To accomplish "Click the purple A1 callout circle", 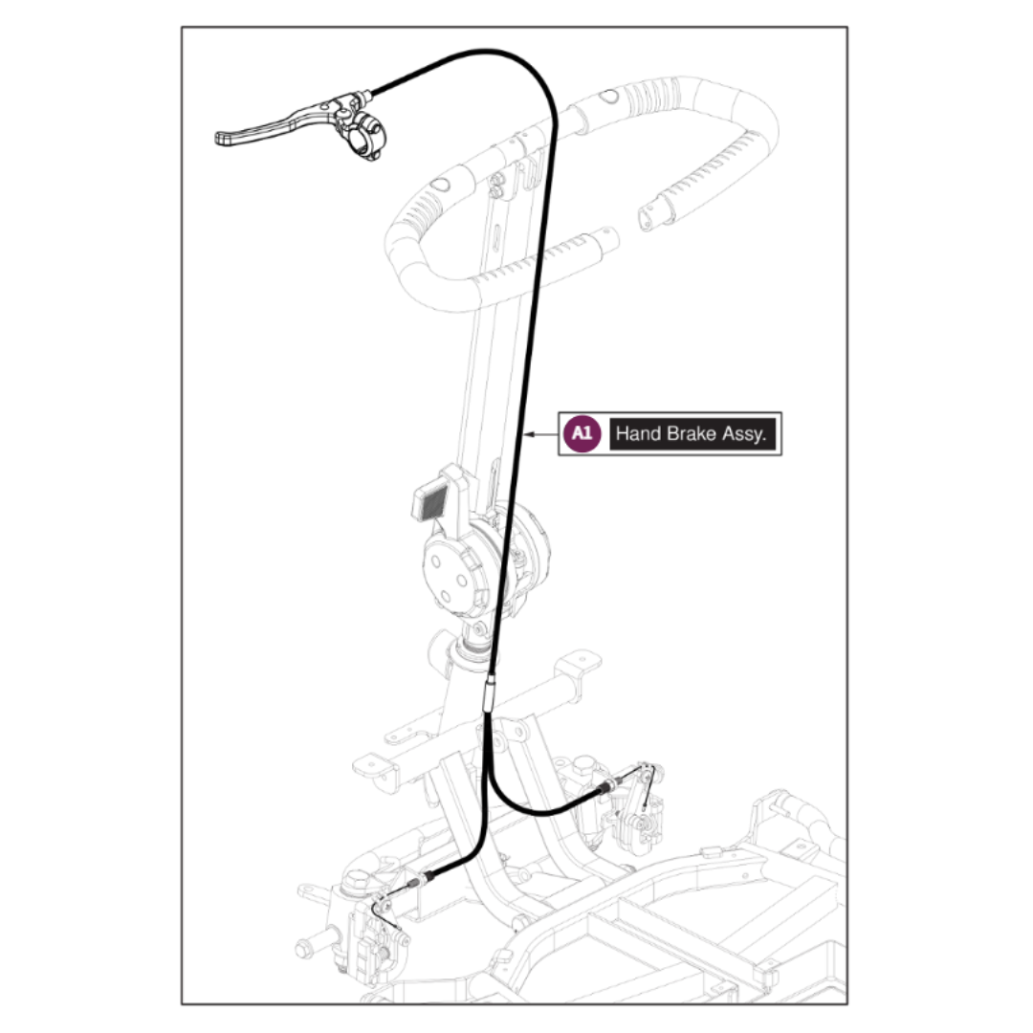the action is tap(582, 433).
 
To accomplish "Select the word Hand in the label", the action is tap(638, 433).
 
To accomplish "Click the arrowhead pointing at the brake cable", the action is tap(530, 434).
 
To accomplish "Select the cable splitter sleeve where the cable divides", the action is tap(489, 695).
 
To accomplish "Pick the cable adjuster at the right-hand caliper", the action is tap(608, 786).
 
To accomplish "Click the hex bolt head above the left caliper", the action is tap(355, 882).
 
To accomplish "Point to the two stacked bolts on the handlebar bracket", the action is tap(496, 187).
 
